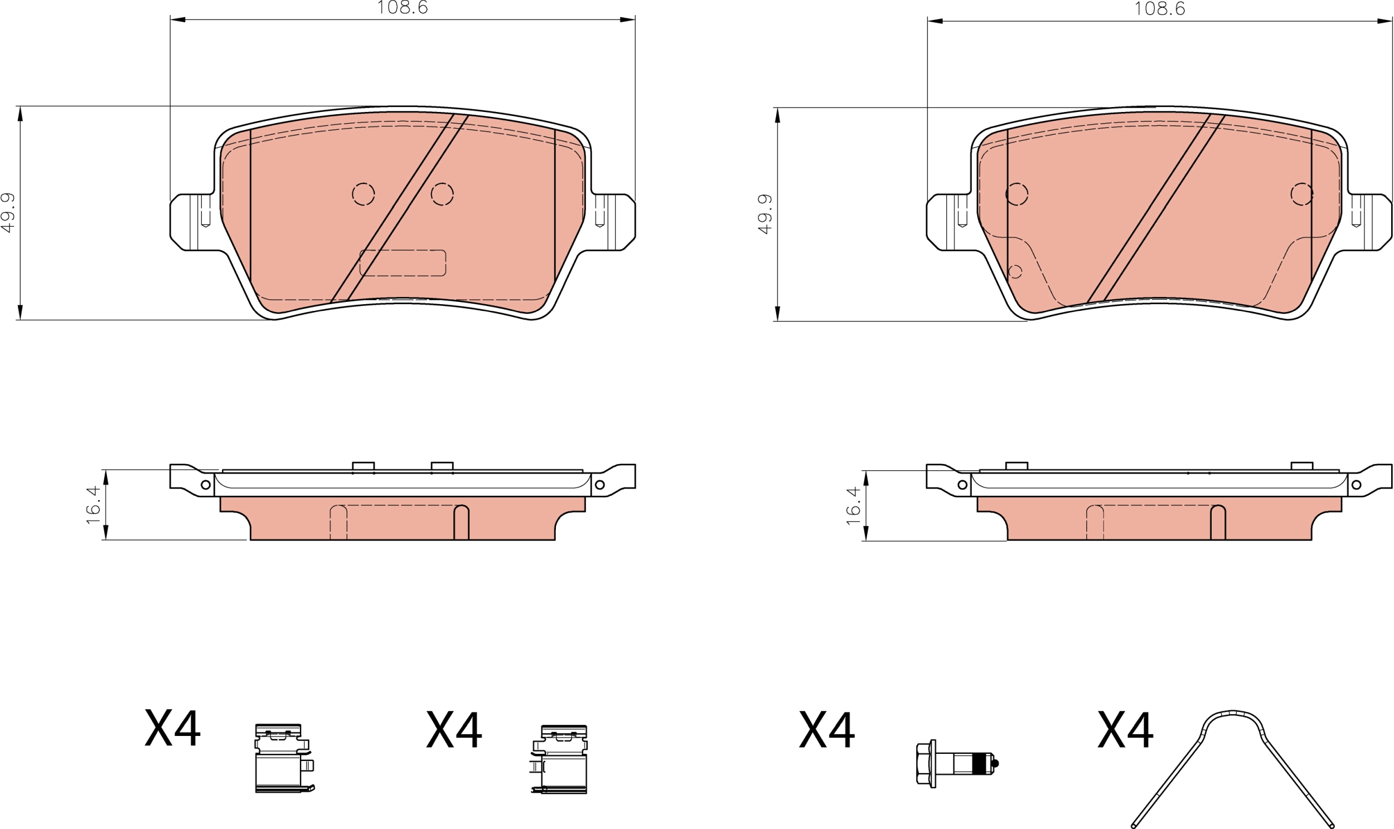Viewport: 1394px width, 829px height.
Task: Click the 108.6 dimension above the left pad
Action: [403, 7]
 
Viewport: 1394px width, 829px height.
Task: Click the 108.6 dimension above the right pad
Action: [1159, 8]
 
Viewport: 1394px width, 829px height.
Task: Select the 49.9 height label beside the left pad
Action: [8, 213]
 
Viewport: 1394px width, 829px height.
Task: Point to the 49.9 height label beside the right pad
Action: [765, 214]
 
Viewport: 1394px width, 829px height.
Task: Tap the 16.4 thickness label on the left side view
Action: [93, 504]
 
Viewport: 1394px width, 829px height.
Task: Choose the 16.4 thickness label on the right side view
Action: [853, 505]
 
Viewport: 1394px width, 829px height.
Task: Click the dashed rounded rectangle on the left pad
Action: [403, 263]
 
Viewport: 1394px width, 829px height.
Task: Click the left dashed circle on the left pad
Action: [364, 194]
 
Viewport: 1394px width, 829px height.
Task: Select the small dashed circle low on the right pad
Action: [1014, 271]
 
